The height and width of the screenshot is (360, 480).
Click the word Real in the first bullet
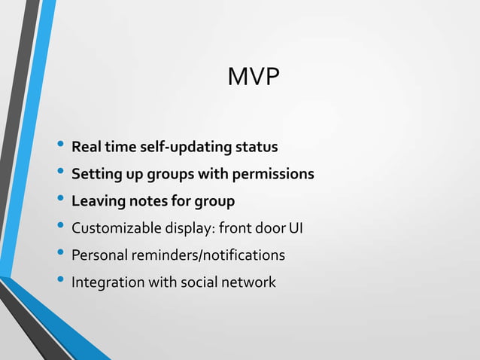pyautogui.click(x=86, y=146)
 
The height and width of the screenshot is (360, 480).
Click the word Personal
pyautogui.click(x=99, y=256)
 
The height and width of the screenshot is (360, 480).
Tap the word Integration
pyautogui.click(x=105, y=283)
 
